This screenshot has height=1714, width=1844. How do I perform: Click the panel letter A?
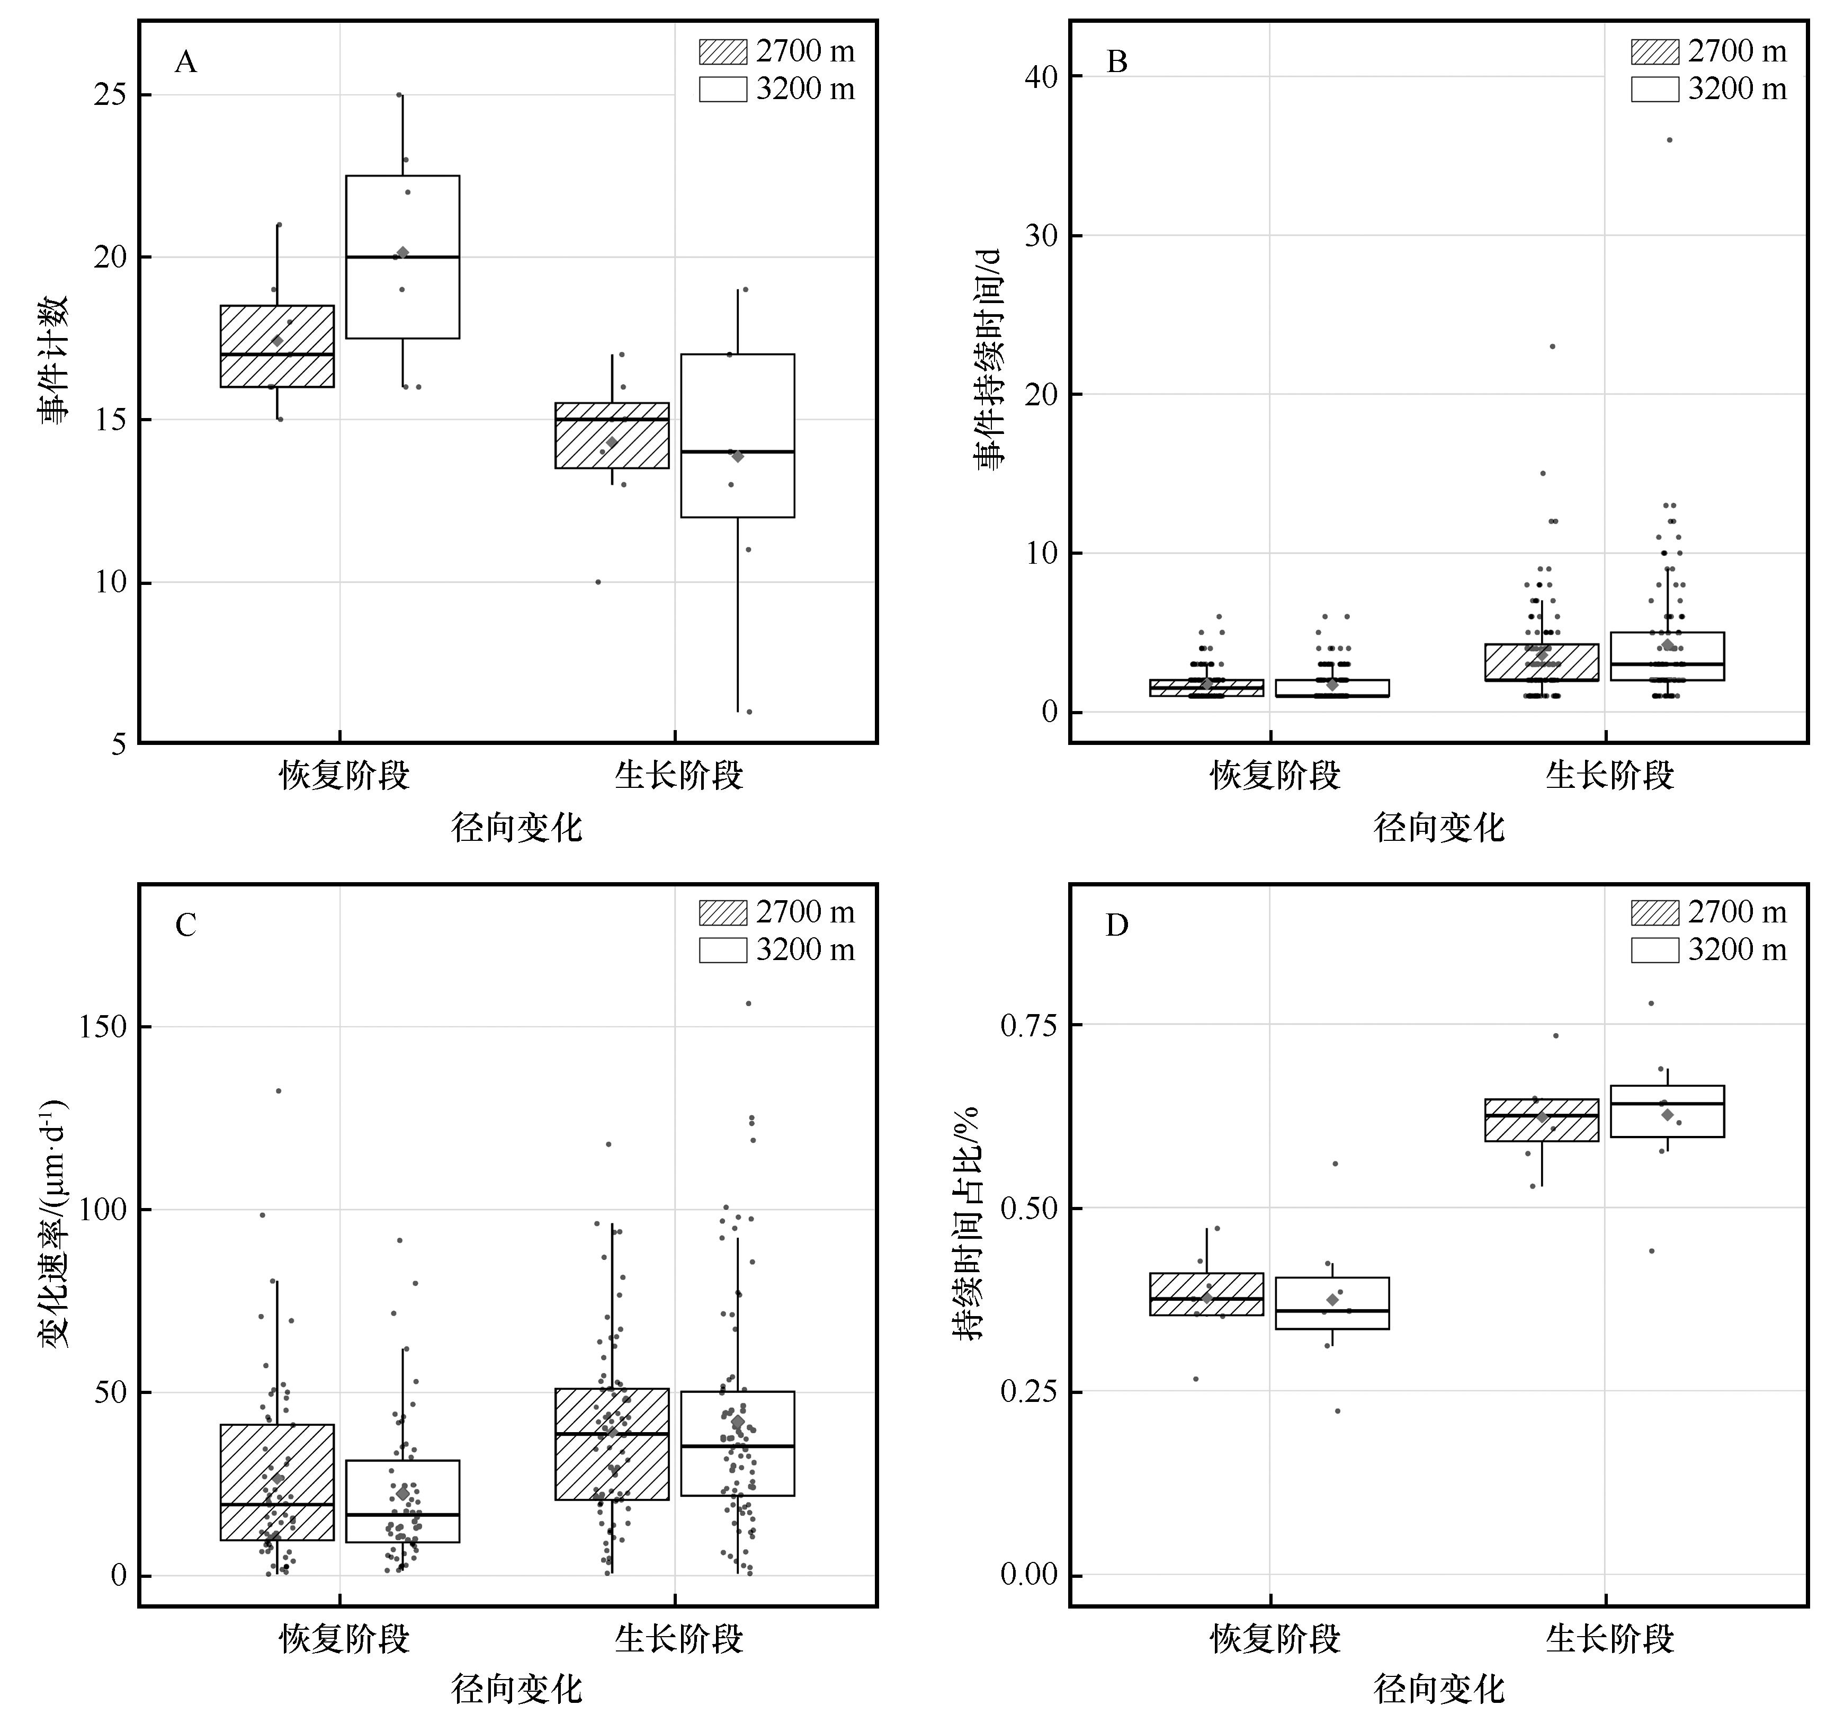click(185, 62)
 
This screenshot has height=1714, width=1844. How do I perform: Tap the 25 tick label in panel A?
click(110, 95)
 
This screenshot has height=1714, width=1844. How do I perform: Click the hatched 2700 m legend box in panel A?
click(722, 52)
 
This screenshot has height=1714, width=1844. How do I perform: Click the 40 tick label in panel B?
click(1041, 76)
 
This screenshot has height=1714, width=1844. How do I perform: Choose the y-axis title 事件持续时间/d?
click(989, 360)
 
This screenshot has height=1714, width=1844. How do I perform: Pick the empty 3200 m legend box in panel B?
click(1655, 89)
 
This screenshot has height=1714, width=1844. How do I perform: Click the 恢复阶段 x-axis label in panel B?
click(1275, 775)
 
